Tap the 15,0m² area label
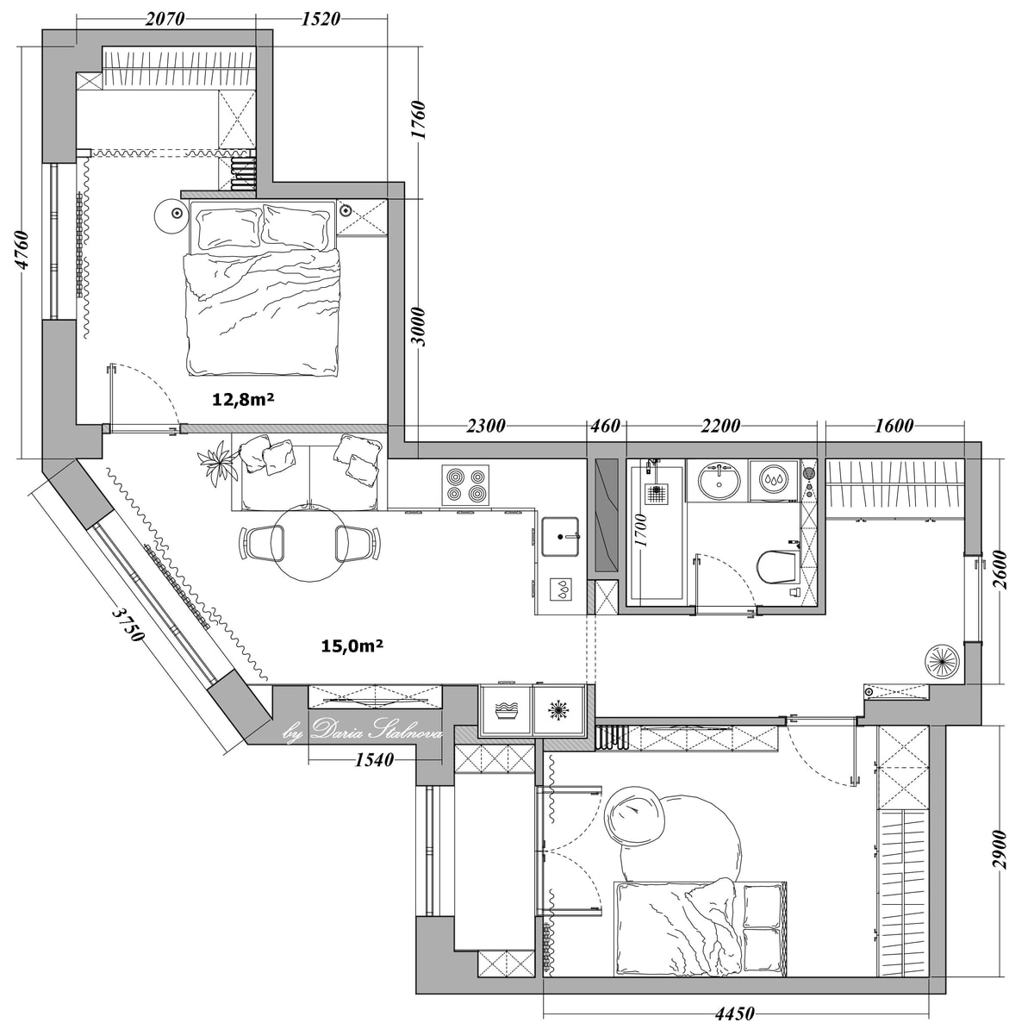[352, 645]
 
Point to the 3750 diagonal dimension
[128, 624]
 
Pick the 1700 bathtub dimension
[640, 530]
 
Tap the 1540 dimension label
[374, 759]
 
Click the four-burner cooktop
[465, 486]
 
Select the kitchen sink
[561, 536]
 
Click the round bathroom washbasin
[719, 480]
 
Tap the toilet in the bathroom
[776, 567]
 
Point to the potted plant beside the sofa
[217, 463]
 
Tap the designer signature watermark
[362, 729]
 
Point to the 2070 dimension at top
[165, 19]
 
